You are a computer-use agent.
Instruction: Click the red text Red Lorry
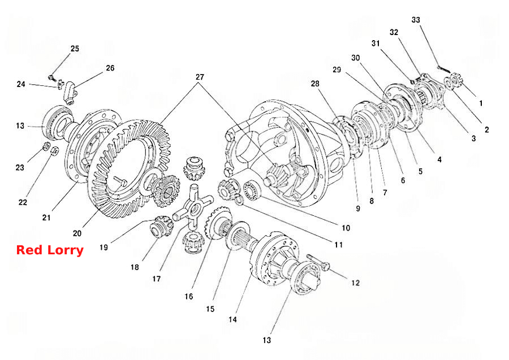[x=50, y=250]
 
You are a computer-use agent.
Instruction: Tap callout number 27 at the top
[x=200, y=77]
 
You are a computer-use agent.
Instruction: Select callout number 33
[x=416, y=20]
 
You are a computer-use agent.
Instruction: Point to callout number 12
[x=356, y=283]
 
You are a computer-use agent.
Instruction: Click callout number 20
[x=77, y=233]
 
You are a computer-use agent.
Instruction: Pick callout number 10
[x=346, y=228]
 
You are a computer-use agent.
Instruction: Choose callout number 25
[x=75, y=49]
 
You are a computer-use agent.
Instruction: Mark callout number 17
[x=157, y=279]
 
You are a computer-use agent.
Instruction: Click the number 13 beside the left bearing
[x=20, y=125]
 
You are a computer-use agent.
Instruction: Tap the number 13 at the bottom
[x=266, y=340]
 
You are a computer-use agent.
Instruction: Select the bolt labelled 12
[x=318, y=262]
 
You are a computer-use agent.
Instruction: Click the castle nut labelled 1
[x=458, y=79]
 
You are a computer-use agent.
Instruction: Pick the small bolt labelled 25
[x=51, y=77]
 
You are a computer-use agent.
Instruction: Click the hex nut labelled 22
[x=55, y=150]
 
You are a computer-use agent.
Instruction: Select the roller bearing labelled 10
[x=251, y=189]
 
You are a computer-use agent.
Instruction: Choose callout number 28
[x=315, y=84]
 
